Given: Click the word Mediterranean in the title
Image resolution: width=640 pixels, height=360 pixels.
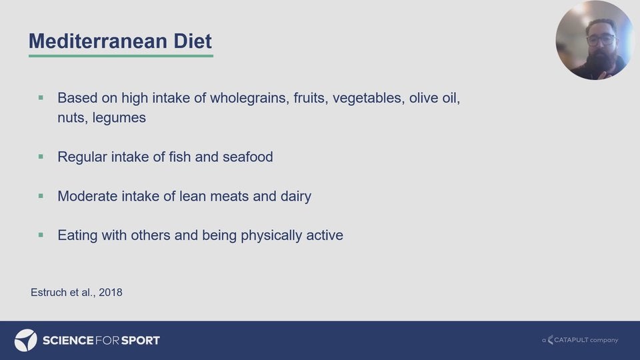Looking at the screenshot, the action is tap(98, 41).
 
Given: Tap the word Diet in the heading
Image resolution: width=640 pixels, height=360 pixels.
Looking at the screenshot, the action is tap(193, 41).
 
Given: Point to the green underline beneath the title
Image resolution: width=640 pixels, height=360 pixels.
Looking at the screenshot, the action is tap(121, 55).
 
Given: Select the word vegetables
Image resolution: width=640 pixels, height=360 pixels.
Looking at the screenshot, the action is tap(369, 99).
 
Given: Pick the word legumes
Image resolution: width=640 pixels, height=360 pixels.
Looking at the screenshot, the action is tap(119, 118).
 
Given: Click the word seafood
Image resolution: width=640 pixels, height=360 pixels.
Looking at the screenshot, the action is tap(248, 157).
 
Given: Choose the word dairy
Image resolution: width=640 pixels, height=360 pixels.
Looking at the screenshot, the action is tap(296, 197).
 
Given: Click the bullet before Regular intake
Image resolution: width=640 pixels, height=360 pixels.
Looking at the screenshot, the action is tap(41, 156).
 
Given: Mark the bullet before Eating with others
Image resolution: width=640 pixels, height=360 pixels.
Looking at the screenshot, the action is tap(41, 235).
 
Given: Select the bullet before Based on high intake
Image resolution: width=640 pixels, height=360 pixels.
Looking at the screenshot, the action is tap(41, 97).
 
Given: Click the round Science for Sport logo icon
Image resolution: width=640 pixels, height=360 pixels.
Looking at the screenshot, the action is tap(26, 341).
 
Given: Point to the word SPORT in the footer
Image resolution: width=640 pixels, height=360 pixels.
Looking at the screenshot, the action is tap(141, 341).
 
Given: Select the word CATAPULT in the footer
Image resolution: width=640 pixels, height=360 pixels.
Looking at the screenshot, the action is tap(571, 339).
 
